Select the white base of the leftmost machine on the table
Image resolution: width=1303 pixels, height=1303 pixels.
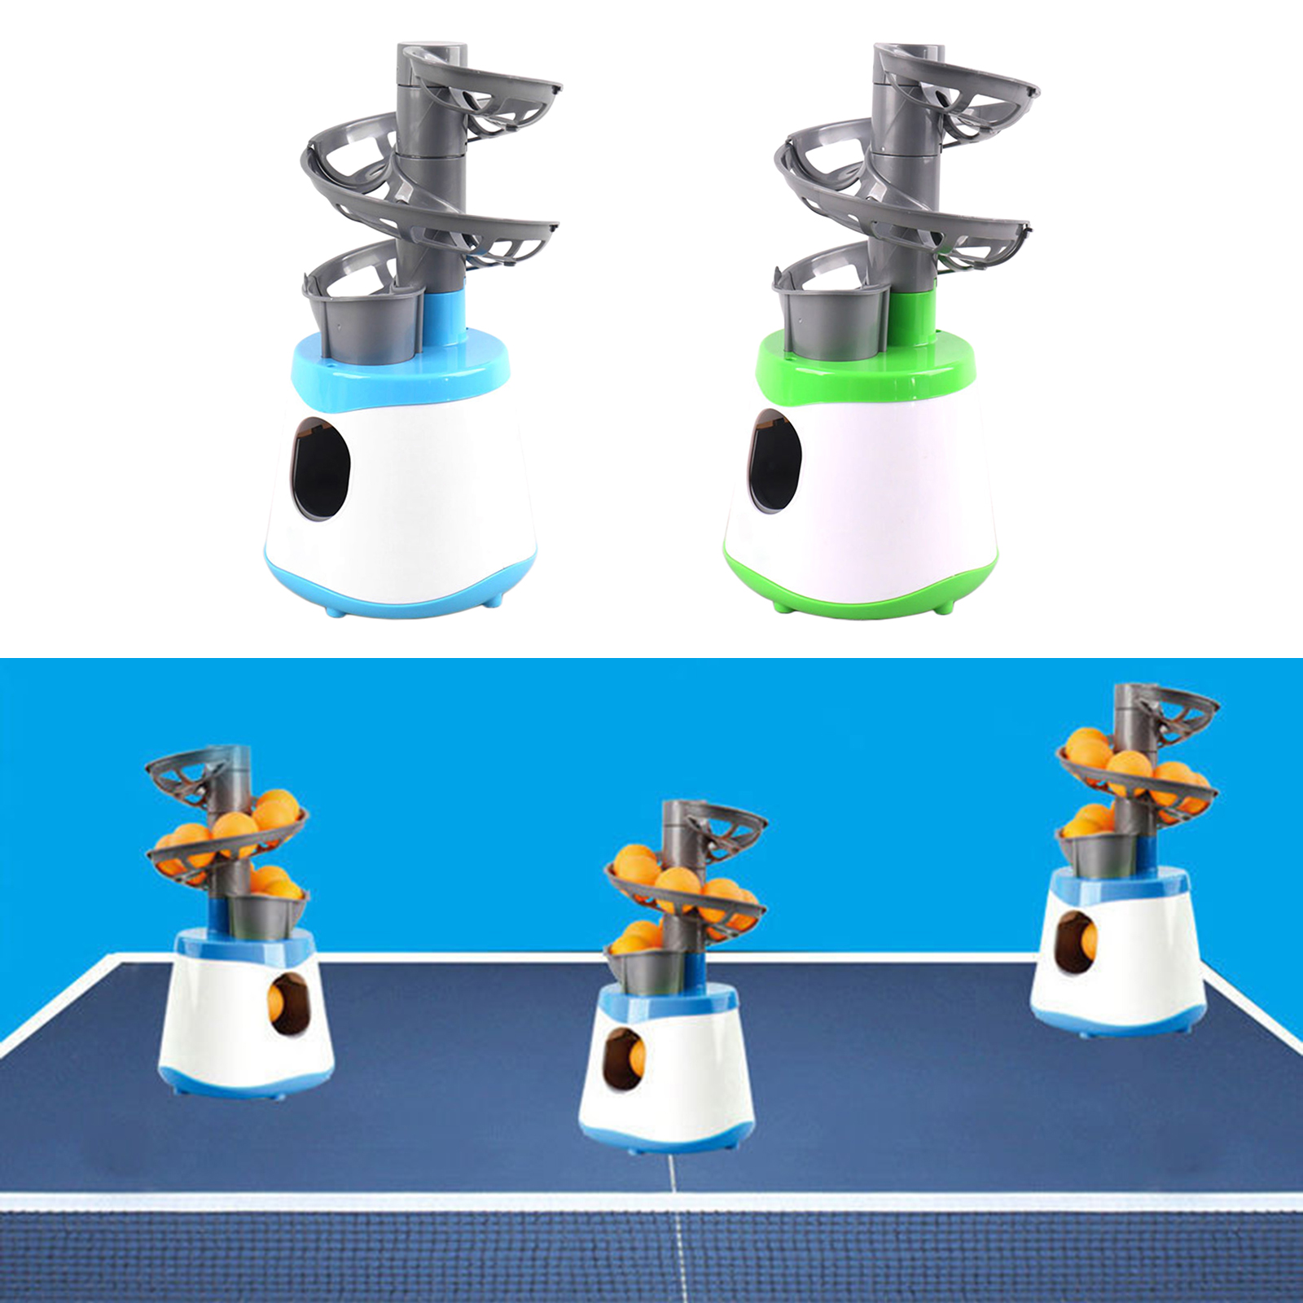click(220, 1018)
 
